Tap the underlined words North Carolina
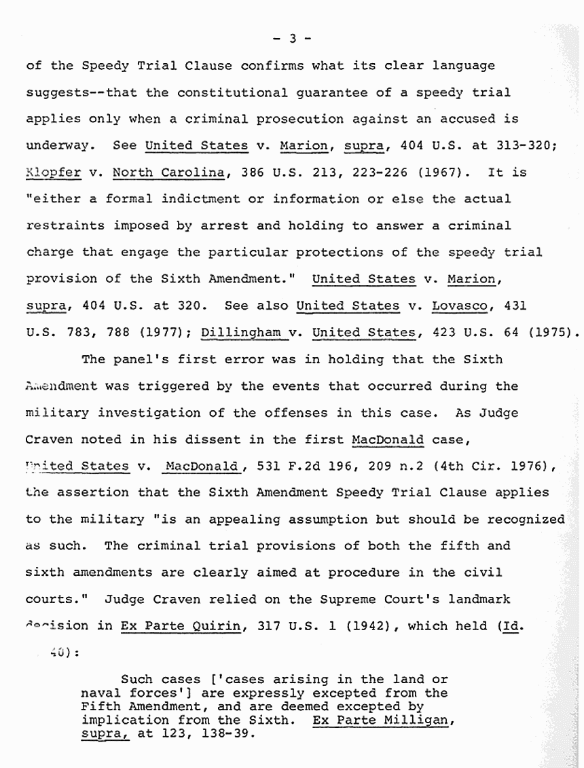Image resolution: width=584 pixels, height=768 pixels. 168,172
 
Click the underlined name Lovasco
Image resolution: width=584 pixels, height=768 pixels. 460,305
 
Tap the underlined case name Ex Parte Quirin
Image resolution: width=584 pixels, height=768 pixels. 180,626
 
